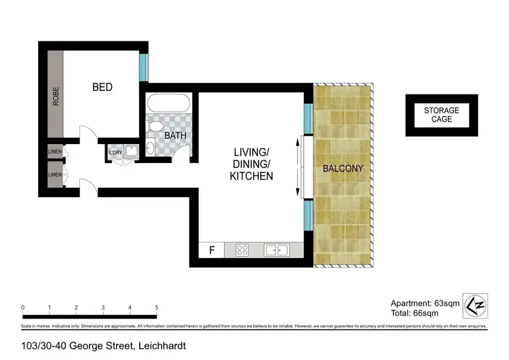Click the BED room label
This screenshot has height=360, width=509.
(x=102, y=88)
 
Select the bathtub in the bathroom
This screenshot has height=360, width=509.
(x=169, y=104)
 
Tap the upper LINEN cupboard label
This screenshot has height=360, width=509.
(x=54, y=151)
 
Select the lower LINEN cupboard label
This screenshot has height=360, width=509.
(x=54, y=175)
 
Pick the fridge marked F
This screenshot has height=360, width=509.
(x=212, y=250)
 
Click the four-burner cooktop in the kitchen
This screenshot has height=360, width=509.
(x=242, y=250)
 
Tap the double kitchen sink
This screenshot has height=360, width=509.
(x=276, y=250)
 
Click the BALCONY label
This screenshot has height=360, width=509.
(x=343, y=168)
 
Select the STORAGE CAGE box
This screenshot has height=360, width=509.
(x=441, y=115)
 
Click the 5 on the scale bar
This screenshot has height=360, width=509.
(x=157, y=308)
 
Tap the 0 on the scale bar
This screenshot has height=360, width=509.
(x=23, y=308)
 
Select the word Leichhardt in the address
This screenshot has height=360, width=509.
(x=162, y=346)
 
